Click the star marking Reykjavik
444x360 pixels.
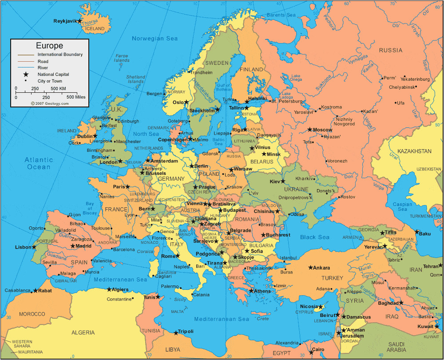79,21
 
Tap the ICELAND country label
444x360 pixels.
95,29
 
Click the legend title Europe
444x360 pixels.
49,46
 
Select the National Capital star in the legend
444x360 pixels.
26,75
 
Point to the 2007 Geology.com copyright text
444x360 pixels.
50,103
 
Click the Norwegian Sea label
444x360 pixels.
155,39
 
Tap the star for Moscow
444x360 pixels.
310,130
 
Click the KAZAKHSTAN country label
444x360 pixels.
414,151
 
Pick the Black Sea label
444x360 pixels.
314,237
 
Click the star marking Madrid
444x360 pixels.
73,246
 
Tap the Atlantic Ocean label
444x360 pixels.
39,163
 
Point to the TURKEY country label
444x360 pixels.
332,278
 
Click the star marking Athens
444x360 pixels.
251,291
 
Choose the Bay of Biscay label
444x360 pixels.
90,208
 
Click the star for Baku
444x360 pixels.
416,232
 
